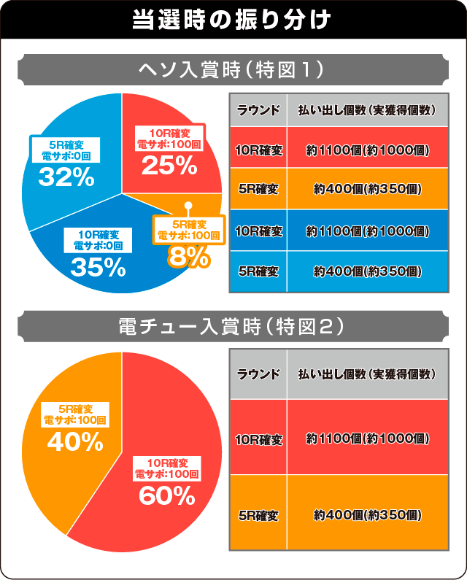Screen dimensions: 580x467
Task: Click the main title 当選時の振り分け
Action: point(233,19)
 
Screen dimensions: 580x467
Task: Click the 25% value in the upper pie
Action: point(169,166)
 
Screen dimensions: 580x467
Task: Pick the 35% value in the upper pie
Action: point(99,267)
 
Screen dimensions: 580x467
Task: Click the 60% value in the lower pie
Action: point(167,496)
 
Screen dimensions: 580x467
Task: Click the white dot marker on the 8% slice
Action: point(188,206)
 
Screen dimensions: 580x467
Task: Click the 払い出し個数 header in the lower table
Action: point(367,374)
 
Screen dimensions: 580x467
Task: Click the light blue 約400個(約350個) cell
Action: point(367,271)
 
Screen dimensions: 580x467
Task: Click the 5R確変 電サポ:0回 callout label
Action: point(66,150)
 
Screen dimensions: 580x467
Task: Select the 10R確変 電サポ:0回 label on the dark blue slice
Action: point(98,240)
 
